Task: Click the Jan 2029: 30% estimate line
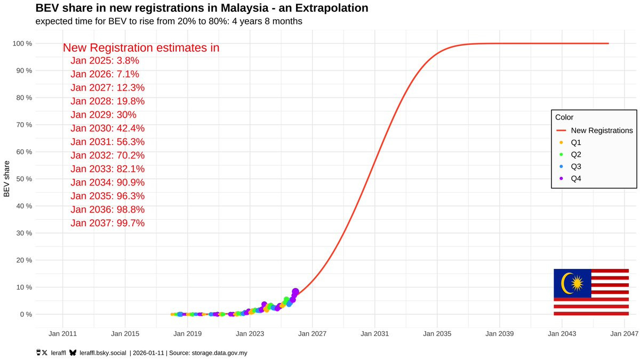point(103,115)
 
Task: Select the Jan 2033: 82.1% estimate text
point(108,169)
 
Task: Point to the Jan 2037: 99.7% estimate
point(108,223)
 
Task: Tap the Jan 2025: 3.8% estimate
point(105,61)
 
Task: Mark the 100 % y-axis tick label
point(22,43)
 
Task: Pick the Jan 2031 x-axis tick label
point(374,334)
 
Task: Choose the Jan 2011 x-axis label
point(62,334)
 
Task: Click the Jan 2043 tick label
point(562,334)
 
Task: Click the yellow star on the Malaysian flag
point(577,283)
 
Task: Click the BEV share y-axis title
point(6,179)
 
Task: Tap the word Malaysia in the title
point(245,8)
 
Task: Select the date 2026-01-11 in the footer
point(148,353)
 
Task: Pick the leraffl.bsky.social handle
point(102,353)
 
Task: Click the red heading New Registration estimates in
point(141,47)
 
